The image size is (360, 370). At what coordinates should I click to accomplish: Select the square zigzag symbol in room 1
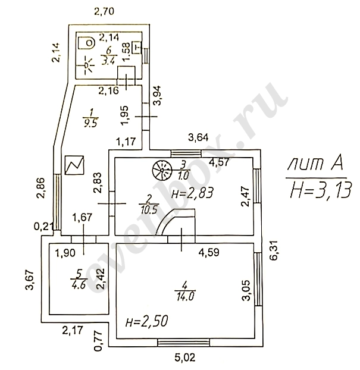click(x=74, y=165)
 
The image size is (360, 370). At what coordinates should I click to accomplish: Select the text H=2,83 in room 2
click(x=192, y=193)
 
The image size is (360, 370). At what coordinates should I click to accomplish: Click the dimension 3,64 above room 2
click(x=199, y=139)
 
